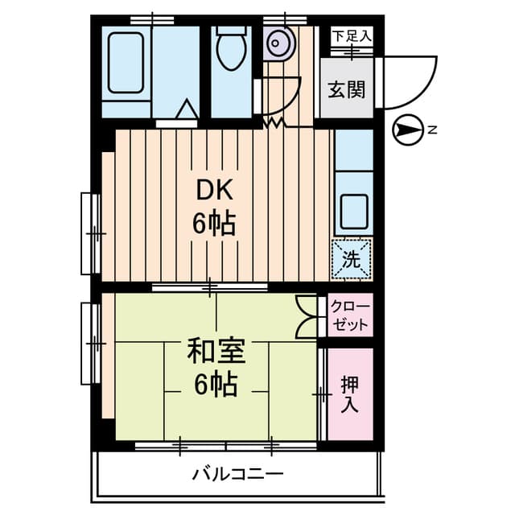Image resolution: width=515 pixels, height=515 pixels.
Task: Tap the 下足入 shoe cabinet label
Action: click(352, 35)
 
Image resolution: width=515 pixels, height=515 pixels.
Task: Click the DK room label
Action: click(215, 191)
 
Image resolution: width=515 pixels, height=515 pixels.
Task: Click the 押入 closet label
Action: click(350, 393)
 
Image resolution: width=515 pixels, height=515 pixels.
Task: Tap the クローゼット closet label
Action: click(351, 316)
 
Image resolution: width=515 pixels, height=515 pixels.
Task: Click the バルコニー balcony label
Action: click(237, 473)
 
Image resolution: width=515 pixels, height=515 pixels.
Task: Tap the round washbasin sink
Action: click(278, 41)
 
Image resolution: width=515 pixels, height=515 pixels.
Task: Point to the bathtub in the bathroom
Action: click(126, 63)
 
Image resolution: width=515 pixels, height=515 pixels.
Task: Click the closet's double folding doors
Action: click(307, 316)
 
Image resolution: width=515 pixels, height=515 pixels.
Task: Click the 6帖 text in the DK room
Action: click(214, 223)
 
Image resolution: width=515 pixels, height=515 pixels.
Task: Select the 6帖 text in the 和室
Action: click(215, 385)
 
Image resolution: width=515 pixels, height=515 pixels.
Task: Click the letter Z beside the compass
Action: click(432, 130)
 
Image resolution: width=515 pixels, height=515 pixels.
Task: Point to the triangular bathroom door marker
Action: click(186, 109)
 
